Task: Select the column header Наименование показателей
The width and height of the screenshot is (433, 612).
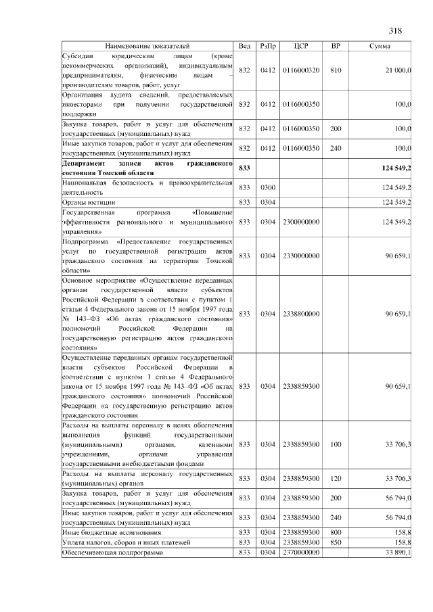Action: click(x=147, y=46)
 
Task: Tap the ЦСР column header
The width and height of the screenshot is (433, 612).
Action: click(x=301, y=46)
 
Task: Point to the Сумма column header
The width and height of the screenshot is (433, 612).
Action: click(x=378, y=46)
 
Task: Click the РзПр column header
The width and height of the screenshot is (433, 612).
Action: click(x=267, y=46)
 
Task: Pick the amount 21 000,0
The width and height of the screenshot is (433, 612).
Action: click(x=398, y=70)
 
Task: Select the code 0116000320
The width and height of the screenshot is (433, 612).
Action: click(x=301, y=70)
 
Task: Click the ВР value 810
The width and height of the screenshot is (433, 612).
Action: click(x=335, y=70)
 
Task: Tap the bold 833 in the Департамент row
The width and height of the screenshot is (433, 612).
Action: click(x=245, y=167)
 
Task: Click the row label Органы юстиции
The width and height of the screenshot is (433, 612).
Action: click(x=89, y=202)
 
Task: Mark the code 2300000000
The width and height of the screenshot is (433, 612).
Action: click(x=301, y=221)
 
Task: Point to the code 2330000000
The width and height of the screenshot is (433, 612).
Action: click(x=301, y=256)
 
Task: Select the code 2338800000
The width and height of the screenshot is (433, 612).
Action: click(x=301, y=313)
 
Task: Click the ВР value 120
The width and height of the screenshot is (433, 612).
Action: click(x=335, y=478)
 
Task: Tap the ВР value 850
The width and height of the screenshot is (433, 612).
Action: click(x=335, y=542)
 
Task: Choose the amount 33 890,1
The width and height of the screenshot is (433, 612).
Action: click(x=398, y=552)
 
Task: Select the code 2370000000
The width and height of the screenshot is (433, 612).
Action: click(x=301, y=552)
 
